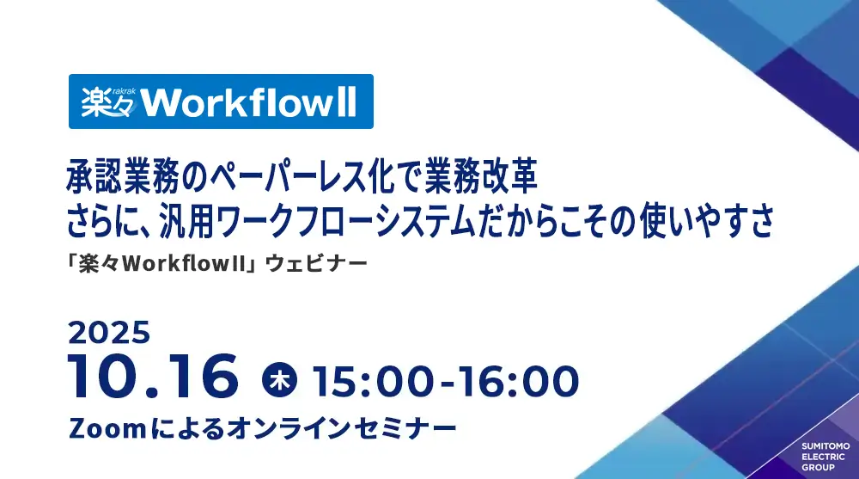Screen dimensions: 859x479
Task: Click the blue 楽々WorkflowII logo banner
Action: click(221, 101)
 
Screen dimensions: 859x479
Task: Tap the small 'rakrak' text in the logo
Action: click(125, 90)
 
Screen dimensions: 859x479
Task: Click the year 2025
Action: click(109, 333)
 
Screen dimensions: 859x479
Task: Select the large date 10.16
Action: click(154, 377)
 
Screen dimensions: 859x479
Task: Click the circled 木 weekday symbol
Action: click(279, 380)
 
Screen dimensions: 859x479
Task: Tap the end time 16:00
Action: click(518, 381)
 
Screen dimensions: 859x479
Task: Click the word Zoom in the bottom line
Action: click(107, 428)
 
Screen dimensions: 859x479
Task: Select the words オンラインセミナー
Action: click(341, 428)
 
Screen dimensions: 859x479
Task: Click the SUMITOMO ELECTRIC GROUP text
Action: click(825, 457)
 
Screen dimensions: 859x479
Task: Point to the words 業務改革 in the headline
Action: click(480, 176)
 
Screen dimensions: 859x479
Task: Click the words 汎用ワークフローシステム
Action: click(317, 220)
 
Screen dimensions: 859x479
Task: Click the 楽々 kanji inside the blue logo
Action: click(107, 103)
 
